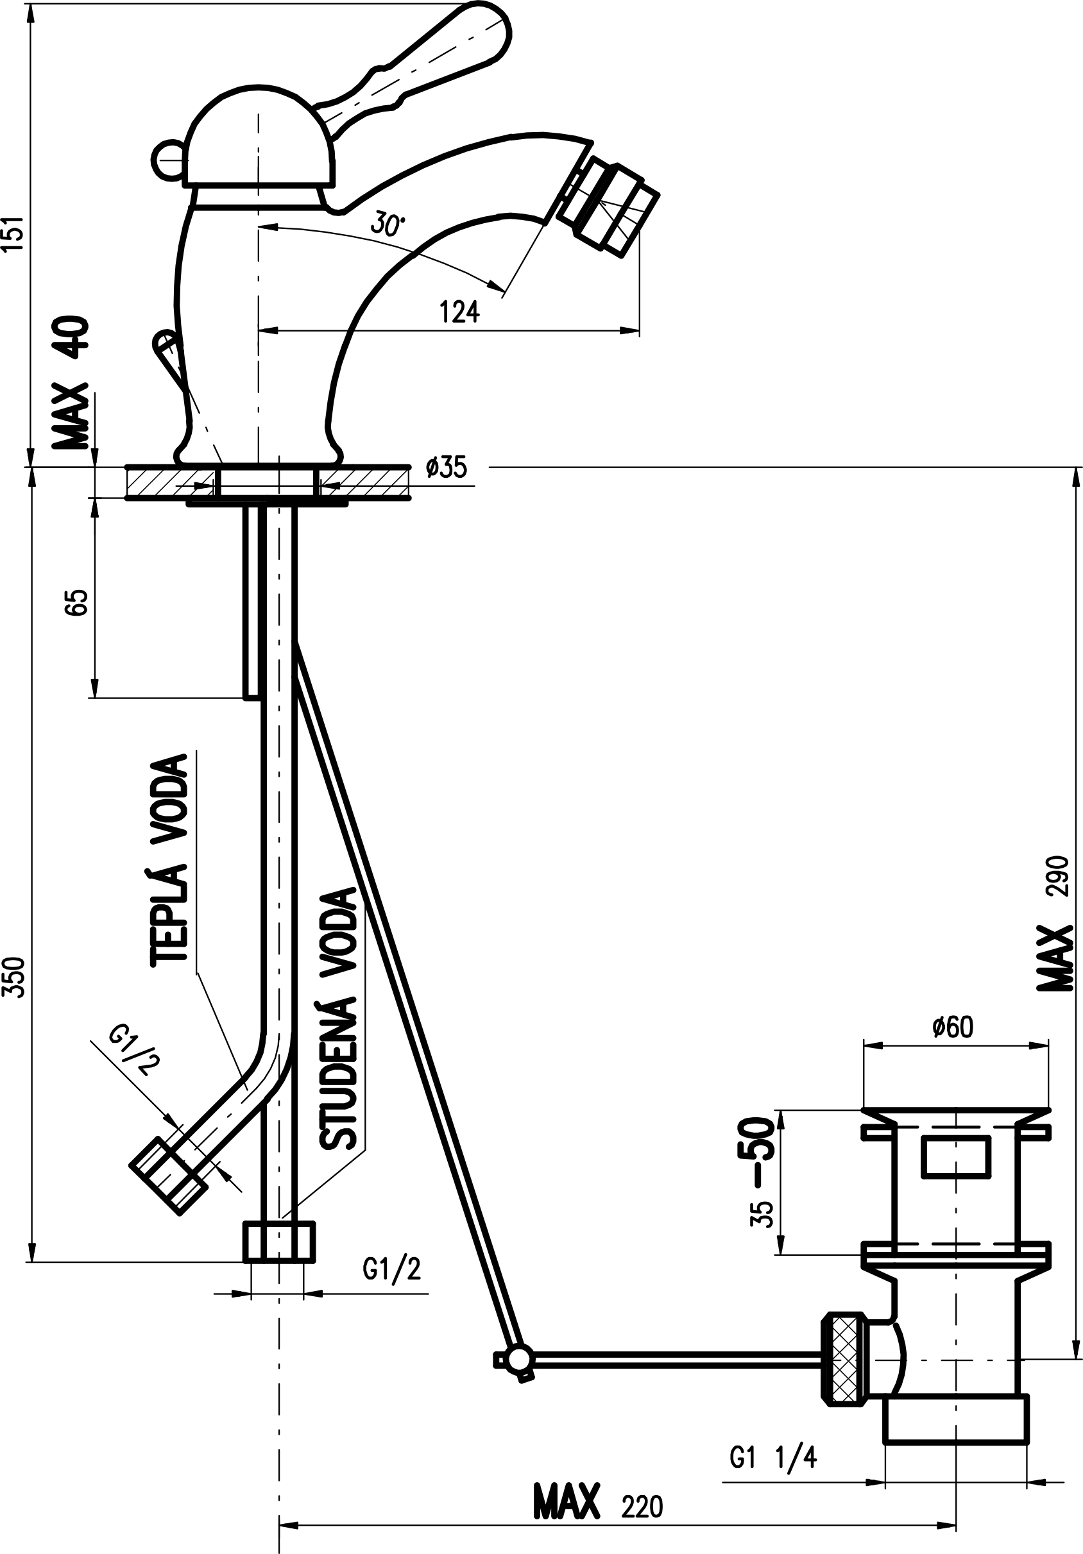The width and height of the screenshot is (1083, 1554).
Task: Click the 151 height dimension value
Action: (15, 233)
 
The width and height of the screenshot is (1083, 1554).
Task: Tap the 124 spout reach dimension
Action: (459, 312)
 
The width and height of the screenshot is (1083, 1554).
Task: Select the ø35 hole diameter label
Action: (447, 467)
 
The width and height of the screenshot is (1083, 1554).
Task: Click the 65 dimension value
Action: (77, 602)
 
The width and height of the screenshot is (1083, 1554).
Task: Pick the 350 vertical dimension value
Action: (15, 977)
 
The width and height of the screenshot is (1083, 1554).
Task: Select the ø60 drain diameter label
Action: (952, 1027)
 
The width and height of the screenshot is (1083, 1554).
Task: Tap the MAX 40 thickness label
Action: (71, 382)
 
